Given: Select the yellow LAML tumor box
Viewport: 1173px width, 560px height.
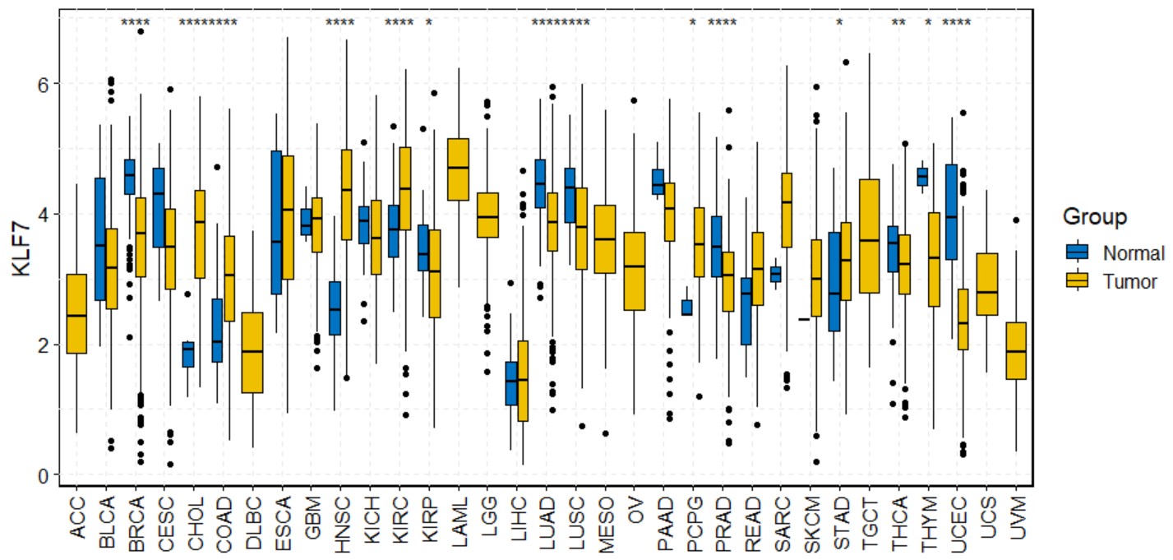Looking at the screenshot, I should click(x=458, y=169).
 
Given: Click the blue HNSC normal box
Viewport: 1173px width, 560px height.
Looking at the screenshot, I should click(x=335, y=308).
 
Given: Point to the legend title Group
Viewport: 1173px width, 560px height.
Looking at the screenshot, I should click(x=1094, y=217).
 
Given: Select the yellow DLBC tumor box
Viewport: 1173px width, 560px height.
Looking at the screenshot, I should click(x=252, y=353).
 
